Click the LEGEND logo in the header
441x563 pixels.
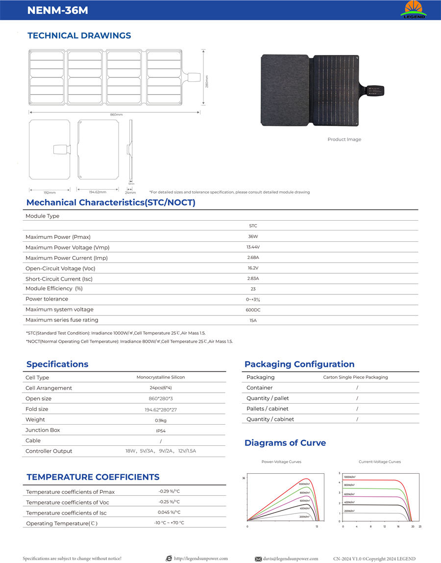click(x=414, y=9)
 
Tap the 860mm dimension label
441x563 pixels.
click(x=116, y=114)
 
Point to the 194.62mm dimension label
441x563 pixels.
click(x=98, y=192)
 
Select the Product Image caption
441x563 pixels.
click(x=344, y=140)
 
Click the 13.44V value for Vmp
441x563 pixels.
click(x=253, y=247)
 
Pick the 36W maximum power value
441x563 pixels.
click(x=253, y=236)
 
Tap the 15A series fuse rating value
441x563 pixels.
click(x=253, y=320)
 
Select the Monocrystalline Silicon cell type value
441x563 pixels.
click(x=161, y=378)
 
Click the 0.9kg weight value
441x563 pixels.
click(x=161, y=420)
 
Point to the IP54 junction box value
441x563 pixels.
click(x=161, y=431)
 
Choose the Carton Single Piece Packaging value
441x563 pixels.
click(x=355, y=377)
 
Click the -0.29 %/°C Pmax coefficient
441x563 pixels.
click(x=169, y=491)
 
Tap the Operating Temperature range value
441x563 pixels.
click(x=169, y=523)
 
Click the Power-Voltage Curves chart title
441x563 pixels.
click(x=281, y=462)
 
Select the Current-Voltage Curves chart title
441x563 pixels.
click(x=380, y=462)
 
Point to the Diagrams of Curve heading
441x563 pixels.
click(x=285, y=443)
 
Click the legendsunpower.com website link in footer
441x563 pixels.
click(x=201, y=559)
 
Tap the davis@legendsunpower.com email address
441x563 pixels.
click(x=291, y=559)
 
